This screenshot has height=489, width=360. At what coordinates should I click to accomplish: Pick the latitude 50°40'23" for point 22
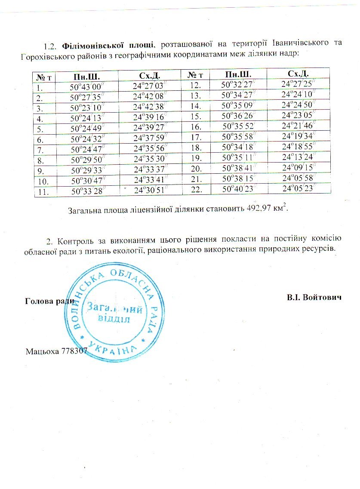(237, 189)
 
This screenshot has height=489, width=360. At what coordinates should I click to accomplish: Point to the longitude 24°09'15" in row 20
(298, 167)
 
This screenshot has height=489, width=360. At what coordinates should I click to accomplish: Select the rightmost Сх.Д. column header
(298, 74)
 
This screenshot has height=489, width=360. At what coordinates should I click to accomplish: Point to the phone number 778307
(74, 351)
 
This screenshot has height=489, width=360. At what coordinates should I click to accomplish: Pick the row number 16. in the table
(196, 126)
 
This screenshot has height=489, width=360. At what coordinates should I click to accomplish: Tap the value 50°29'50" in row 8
(85, 160)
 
